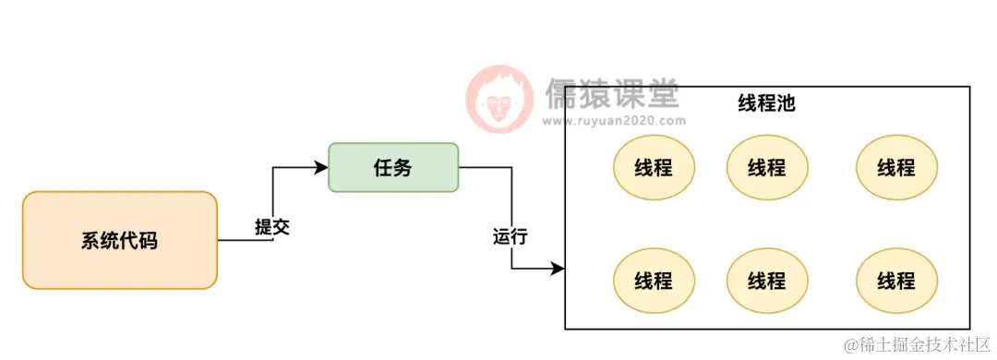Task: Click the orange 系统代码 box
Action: pyautogui.click(x=119, y=240)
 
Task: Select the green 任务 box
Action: pyautogui.click(x=393, y=167)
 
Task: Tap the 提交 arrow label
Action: pyautogui.click(x=272, y=227)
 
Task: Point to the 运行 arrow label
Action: pyautogui.click(x=511, y=236)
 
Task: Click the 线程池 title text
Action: pyautogui.click(x=766, y=102)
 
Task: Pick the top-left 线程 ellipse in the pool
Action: pyautogui.click(x=654, y=167)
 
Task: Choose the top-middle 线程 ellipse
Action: pyautogui.click(x=767, y=167)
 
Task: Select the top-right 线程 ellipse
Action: pyautogui.click(x=896, y=167)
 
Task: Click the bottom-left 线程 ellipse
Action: pyautogui.click(x=654, y=280)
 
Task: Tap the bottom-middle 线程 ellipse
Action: pyautogui.click(x=767, y=280)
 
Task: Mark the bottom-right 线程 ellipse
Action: pyautogui.click(x=896, y=280)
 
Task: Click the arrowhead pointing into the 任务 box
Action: pyautogui.click(x=322, y=167)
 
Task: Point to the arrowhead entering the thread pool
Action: pyautogui.click(x=558, y=269)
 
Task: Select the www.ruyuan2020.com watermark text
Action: pyautogui.click(x=613, y=120)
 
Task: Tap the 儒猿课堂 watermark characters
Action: pyautogui.click(x=611, y=93)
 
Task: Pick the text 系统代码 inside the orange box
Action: pyautogui.click(x=119, y=241)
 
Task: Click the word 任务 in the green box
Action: pyautogui.click(x=393, y=167)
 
